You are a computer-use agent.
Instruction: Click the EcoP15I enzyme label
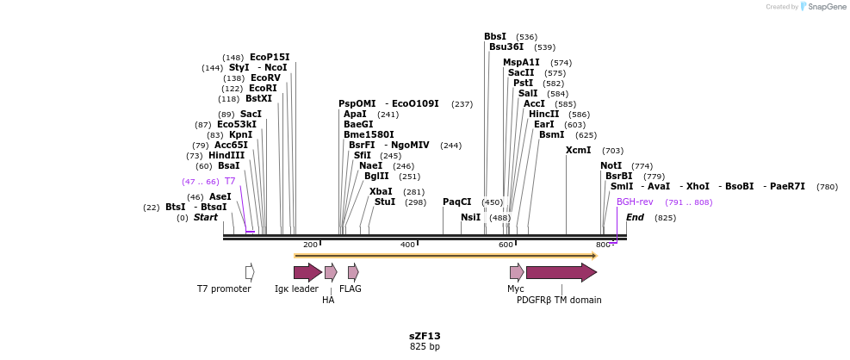pos(270,57)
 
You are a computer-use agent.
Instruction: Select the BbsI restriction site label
pos(495,36)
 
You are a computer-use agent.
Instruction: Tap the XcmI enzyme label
pos(579,150)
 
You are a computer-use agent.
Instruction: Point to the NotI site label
pos(611,165)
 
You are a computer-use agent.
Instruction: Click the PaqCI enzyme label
pos(457,202)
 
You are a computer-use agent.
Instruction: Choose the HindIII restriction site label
pos(226,155)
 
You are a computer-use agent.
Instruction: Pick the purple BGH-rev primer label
pos(635,202)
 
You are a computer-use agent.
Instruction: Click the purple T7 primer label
pos(230,181)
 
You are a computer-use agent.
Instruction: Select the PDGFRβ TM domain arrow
pos(561,272)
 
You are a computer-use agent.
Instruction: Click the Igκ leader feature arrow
pos(307,272)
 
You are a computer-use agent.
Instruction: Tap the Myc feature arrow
pos(517,272)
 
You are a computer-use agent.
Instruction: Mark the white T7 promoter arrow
pos(250,272)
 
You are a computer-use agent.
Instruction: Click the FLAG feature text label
pos(351,289)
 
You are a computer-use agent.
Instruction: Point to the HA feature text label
pos(328,300)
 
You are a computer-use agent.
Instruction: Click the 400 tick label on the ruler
pos(407,245)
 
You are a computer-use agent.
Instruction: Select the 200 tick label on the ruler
pos(310,245)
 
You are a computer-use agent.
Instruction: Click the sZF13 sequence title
pos(425,336)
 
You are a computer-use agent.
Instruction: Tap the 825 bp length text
pos(425,346)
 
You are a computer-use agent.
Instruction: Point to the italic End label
pos(635,217)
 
